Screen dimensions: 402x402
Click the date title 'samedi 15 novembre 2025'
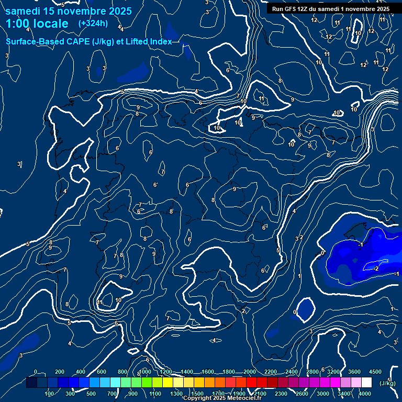coord(68,11)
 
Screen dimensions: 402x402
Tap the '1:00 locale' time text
coord(37,24)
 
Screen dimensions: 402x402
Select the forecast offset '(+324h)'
coord(93,24)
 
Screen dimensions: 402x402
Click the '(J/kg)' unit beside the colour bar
coord(387,383)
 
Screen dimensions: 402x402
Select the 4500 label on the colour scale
coord(375,372)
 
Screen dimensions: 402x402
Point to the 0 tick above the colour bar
coord(36,372)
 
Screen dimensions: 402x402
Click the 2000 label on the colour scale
coord(249,372)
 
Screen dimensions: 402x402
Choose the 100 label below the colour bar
coord(50,394)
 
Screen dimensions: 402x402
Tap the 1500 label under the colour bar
coord(197,394)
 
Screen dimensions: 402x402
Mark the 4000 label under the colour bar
coord(365,394)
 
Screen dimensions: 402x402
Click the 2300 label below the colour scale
coord(281,394)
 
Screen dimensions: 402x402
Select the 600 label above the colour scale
coord(102,372)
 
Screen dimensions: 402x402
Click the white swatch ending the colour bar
coord(366,383)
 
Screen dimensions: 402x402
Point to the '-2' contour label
coord(375,269)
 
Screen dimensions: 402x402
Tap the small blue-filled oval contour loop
coord(305,309)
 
